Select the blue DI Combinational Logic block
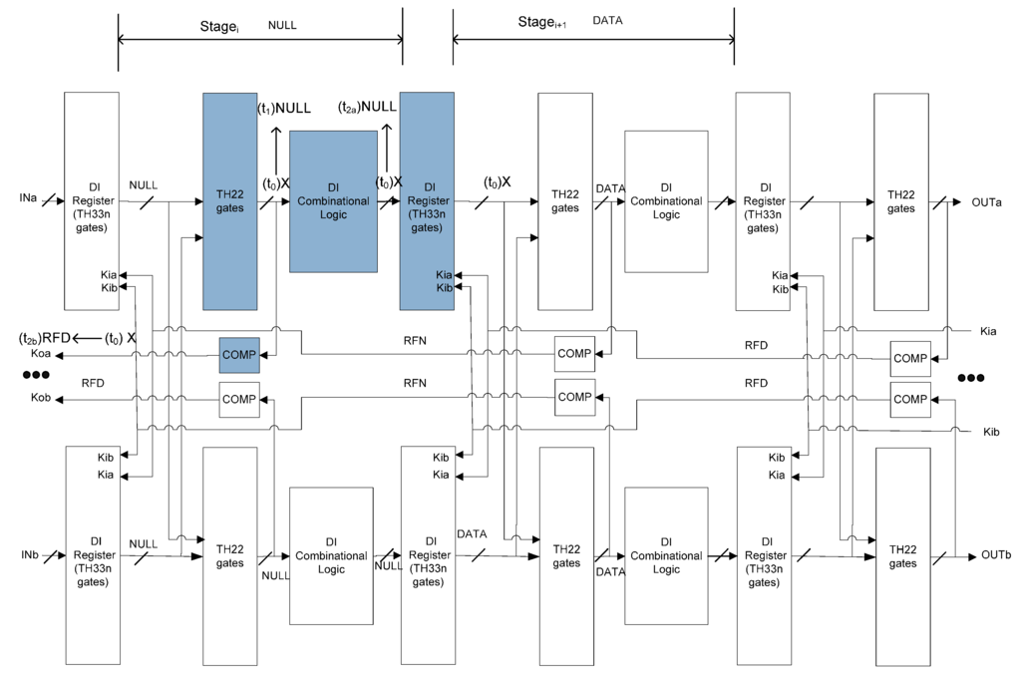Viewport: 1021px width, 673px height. pos(333,201)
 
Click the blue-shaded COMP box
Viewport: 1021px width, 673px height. pos(238,355)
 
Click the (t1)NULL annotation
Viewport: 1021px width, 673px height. pos(284,109)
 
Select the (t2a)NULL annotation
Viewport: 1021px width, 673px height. pos(368,107)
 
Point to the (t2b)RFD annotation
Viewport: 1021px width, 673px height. pos(45,338)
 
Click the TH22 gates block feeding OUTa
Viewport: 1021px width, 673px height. pos(902,201)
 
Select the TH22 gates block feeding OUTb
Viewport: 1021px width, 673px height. pos(902,556)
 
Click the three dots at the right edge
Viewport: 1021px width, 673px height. pos(970,379)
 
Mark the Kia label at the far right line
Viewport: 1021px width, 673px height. pos(988,330)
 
